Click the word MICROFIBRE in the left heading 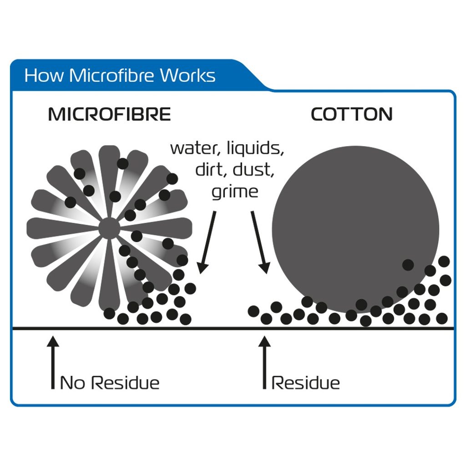[x=109, y=114]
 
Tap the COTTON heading [x=351, y=114]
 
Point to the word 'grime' [x=235, y=191]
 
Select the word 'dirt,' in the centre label [x=212, y=170]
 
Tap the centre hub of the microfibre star [x=108, y=228]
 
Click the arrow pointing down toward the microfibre [x=208, y=241]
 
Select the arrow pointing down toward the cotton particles [x=259, y=241]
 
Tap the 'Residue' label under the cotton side [x=305, y=383]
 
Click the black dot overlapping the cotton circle [x=408, y=264]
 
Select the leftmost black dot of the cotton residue [x=254, y=311]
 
